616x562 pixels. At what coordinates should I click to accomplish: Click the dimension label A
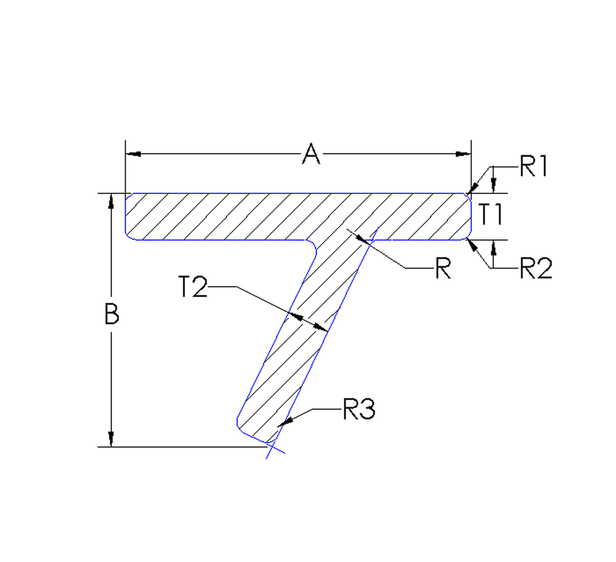coord(311,154)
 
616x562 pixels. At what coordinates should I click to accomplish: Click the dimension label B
coord(111,313)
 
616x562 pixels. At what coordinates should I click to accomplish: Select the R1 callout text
coord(533,167)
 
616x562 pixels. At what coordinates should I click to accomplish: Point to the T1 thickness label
coord(490,214)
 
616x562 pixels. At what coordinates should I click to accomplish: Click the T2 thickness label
coord(193,287)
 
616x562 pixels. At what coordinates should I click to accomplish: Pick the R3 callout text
coord(359,409)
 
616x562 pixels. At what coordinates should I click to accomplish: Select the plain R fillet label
coord(443,268)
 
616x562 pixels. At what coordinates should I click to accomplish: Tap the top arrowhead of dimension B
coord(111,200)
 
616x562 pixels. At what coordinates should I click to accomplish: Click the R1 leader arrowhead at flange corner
coord(469,191)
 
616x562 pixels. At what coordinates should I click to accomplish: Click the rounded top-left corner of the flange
coord(128,196)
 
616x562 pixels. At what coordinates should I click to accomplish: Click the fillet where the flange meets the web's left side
coord(314,248)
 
